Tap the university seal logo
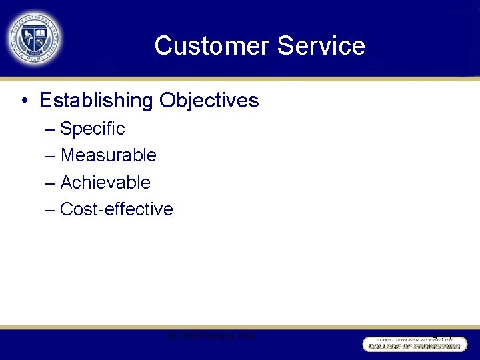(x=35, y=38)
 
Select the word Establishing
(x=96, y=101)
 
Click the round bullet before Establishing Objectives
(x=24, y=101)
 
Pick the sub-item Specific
(x=93, y=129)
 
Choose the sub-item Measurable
(x=108, y=155)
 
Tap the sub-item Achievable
(x=105, y=182)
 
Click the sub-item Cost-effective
(x=117, y=209)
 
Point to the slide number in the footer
(x=441, y=337)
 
